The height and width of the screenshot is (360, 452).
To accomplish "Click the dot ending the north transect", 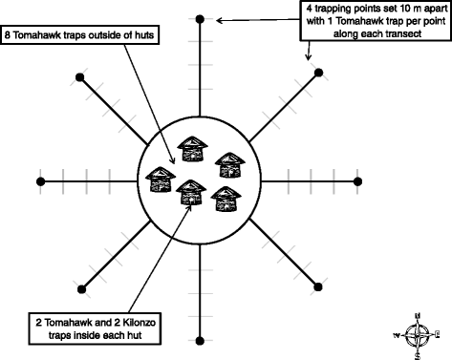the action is click(199, 19).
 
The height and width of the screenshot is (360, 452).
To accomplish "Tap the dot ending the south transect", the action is click(199, 340).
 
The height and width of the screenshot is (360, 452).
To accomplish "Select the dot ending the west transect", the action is click(39, 180).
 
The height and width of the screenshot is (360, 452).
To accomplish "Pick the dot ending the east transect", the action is click(359, 180).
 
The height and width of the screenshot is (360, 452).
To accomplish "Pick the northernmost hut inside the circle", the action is click(195, 148).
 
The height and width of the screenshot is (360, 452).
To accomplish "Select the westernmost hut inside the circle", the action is click(158, 179).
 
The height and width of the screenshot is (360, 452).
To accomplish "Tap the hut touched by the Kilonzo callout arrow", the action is click(192, 192).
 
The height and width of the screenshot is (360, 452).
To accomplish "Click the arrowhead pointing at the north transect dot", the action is click(218, 19).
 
